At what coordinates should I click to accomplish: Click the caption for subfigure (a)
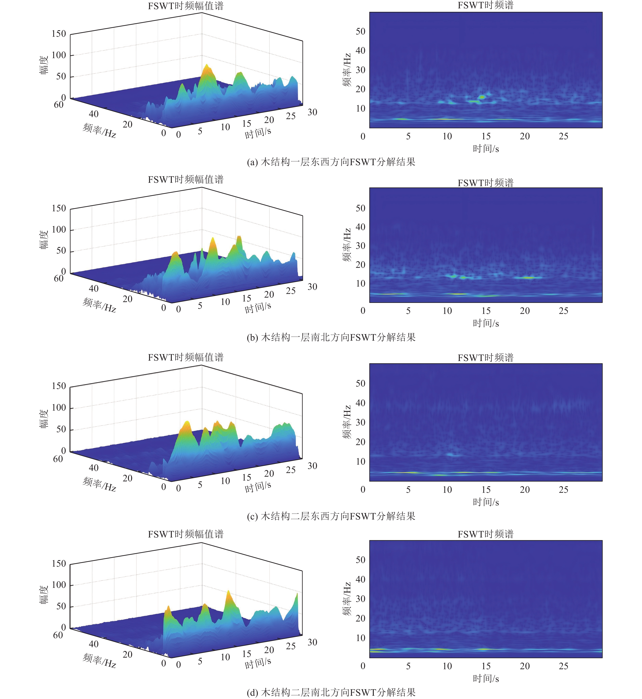[x=331, y=162]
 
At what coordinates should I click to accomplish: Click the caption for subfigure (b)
[x=331, y=337]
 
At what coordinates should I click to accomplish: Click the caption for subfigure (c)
[x=331, y=516]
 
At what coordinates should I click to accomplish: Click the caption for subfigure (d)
[x=331, y=692]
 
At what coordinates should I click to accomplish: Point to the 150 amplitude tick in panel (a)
[x=59, y=34]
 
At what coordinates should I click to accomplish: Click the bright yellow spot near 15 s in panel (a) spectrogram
[x=482, y=97]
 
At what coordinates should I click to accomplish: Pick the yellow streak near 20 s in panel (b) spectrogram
[x=528, y=277]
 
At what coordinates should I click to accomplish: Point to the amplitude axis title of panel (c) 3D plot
[x=44, y=419]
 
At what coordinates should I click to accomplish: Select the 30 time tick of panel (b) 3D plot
[x=312, y=287]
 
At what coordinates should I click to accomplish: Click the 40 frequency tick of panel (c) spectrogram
[x=361, y=403]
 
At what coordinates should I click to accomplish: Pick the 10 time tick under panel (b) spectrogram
[x=447, y=311]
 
